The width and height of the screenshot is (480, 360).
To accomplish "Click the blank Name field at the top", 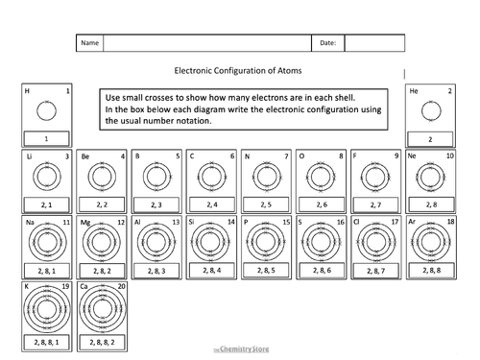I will tap(207, 44).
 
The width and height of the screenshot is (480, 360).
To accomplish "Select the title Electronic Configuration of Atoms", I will tap(239, 70).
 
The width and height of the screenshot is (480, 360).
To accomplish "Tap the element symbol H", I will tap(27, 91).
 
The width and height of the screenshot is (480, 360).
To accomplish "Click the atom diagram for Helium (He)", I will tap(430, 112).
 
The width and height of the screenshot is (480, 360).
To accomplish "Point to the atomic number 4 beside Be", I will tap(122, 156).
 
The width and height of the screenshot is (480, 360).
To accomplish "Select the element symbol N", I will tap(247, 156).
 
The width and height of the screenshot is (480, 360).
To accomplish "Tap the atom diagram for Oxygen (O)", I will tap(321, 178).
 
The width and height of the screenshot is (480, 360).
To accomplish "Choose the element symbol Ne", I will tap(413, 156).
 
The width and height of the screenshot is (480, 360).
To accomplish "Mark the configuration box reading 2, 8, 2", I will tap(101, 271).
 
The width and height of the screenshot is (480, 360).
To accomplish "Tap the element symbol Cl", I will tap(358, 222).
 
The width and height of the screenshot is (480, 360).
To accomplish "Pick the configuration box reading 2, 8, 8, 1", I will tap(46, 342).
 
